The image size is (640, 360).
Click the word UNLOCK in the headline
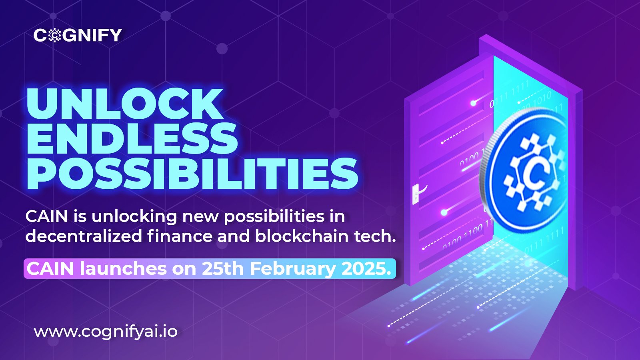pyautogui.click(x=125, y=104)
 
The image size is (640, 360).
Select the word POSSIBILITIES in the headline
pyautogui.click(x=192, y=174)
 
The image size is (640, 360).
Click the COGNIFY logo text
pyautogui.click(x=78, y=35)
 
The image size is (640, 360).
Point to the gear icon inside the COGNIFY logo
pyautogui.click(x=54, y=36)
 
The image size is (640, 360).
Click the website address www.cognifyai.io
pyautogui.click(x=106, y=332)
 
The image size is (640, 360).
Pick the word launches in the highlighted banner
pyautogui.click(x=123, y=268)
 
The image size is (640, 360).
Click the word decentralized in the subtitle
pyautogui.click(x=84, y=236)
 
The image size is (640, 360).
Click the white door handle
pyautogui.click(x=416, y=194)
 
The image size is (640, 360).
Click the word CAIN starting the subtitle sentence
pyautogui.click(x=46, y=216)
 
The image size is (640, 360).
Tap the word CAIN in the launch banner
pyautogui.click(x=50, y=269)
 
